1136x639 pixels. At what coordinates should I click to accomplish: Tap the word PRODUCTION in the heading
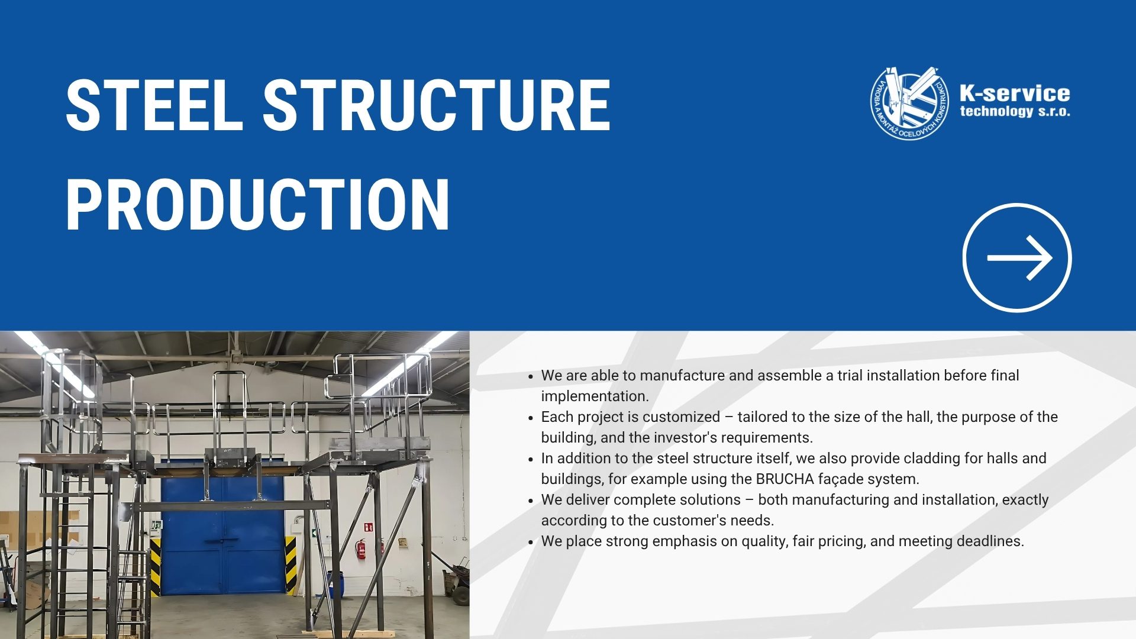(258, 204)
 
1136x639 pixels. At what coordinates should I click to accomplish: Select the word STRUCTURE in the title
(437, 105)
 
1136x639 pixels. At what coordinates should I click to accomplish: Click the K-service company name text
(1015, 93)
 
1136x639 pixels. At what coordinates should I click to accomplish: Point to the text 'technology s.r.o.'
(1015, 111)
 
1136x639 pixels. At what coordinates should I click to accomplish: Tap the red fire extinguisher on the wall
(360, 548)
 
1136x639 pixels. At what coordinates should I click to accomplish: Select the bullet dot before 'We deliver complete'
(531, 501)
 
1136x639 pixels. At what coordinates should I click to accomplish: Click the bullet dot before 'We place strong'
(531, 542)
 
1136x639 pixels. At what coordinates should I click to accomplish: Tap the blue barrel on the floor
(335, 583)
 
